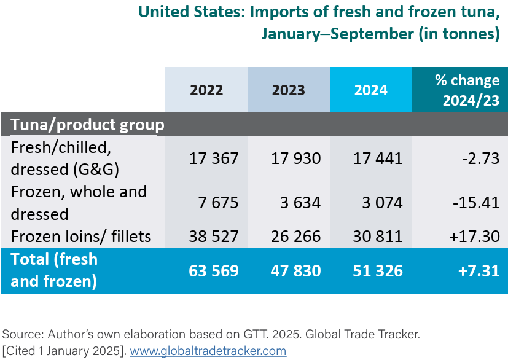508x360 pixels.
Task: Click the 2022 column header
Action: coord(206,90)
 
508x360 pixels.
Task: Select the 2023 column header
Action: coord(288,90)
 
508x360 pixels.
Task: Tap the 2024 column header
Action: coord(370,90)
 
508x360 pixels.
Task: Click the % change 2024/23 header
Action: coord(467,90)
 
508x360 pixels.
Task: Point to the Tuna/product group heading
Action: coord(87,125)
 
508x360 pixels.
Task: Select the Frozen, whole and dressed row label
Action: coord(79,203)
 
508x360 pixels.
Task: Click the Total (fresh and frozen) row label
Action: coord(54,270)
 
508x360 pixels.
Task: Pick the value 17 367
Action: coord(214,158)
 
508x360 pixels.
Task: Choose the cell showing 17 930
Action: coord(295,158)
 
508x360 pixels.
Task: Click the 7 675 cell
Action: coord(218,203)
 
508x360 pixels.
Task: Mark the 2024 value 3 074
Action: coord(382,203)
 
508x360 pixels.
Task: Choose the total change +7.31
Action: coord(478,271)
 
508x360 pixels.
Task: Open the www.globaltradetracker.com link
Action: coord(208,351)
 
